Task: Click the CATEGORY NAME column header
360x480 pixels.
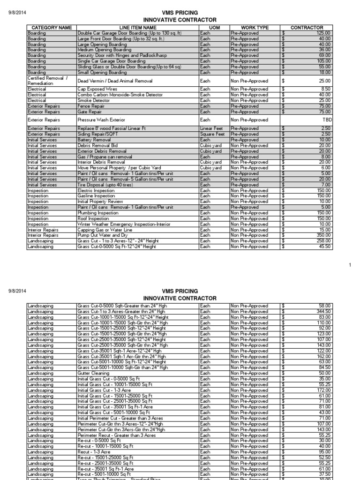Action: click(51, 28)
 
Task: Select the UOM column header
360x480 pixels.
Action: click(214, 28)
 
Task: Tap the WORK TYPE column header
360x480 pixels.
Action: click(255, 28)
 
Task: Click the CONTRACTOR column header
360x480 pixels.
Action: click(307, 28)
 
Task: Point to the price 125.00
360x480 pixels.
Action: click(323, 33)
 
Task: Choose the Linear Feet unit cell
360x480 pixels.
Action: click(212, 128)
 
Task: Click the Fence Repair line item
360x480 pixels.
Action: click(91, 106)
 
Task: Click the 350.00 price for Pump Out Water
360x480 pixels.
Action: click(323, 235)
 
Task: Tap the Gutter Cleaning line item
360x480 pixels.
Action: click(93, 373)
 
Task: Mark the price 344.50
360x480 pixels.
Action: click(323, 311)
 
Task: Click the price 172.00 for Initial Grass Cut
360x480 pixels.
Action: click(323, 390)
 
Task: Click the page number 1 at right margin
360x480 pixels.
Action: click(350, 265)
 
